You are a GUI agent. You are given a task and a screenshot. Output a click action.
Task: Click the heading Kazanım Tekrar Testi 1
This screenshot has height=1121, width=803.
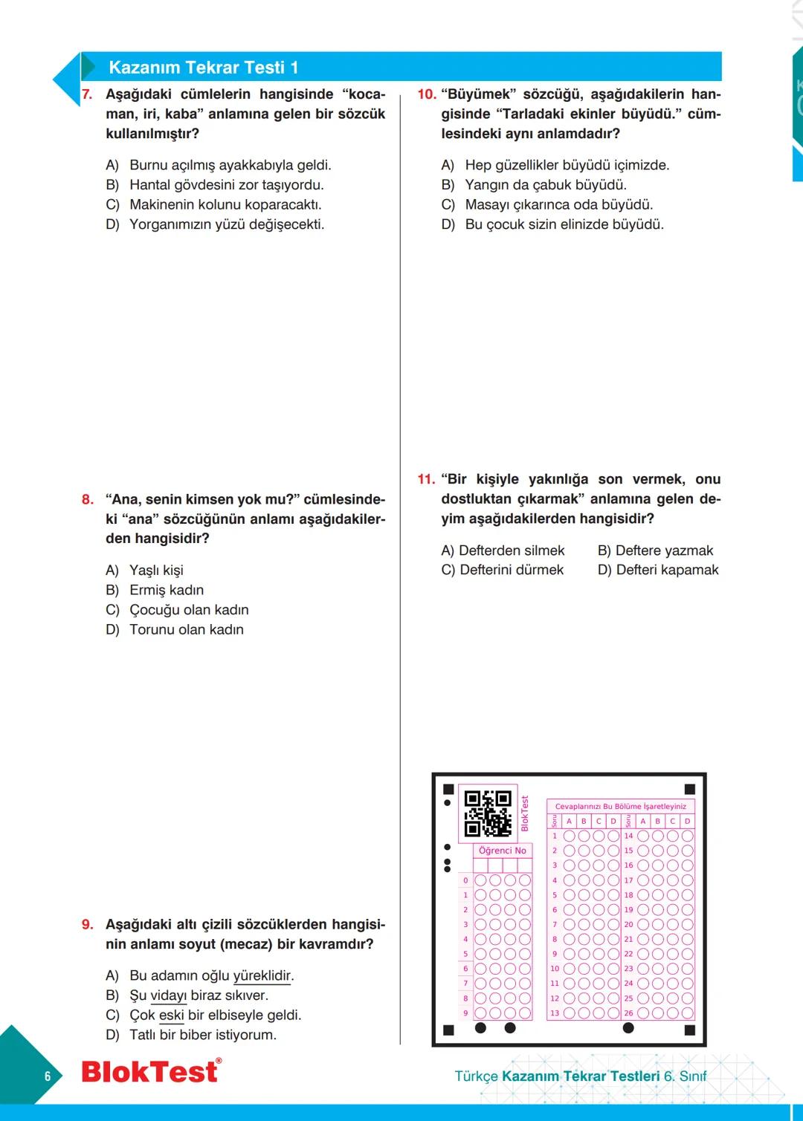203,68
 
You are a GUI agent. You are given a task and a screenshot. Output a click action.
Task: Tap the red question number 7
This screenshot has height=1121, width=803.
87,94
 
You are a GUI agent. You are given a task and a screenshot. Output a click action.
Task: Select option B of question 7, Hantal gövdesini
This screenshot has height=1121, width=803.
226,185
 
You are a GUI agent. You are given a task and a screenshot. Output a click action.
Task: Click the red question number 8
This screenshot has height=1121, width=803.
88,499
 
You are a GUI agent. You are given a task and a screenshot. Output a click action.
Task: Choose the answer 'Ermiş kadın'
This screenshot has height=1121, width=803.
166,590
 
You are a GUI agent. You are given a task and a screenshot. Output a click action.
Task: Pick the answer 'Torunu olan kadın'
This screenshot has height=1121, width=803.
186,629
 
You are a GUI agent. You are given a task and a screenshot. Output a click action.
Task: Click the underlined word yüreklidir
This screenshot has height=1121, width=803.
262,975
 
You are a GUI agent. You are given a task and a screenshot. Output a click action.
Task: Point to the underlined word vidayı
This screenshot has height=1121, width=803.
168,995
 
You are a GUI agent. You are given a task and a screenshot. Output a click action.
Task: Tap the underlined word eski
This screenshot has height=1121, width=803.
171,1015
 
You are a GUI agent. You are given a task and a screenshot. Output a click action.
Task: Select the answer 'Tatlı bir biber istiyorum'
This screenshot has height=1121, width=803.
202,1035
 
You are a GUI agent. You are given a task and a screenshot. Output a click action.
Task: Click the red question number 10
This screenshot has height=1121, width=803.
426,94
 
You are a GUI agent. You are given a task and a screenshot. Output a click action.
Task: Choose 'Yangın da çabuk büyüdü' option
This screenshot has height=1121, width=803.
545,185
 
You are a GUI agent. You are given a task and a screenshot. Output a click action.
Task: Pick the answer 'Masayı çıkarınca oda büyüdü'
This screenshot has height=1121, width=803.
558,204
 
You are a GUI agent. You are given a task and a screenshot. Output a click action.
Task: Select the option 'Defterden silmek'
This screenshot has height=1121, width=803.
503,550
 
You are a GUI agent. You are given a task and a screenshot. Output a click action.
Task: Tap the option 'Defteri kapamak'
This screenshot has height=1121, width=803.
658,570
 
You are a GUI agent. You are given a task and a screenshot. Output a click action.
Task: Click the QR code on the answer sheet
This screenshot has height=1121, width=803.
488,813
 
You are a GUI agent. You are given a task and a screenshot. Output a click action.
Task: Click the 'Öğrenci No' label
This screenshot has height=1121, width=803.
502,851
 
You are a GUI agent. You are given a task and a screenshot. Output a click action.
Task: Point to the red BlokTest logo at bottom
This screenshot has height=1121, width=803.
150,1071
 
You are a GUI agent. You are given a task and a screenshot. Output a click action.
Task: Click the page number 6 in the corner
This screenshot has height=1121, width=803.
48,1076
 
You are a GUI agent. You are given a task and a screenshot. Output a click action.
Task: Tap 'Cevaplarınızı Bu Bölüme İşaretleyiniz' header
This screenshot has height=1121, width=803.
621,806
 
